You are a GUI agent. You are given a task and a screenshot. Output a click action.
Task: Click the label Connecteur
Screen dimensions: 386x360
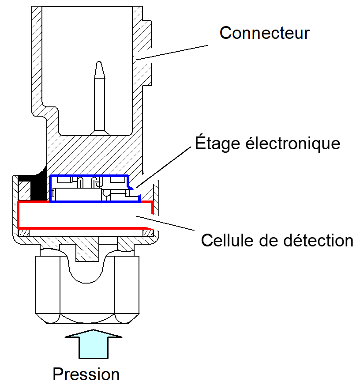pos(265,33)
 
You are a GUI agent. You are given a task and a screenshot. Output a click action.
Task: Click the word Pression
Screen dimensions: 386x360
pos(86,374)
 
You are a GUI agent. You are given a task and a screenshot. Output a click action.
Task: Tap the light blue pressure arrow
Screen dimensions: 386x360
pos(93,344)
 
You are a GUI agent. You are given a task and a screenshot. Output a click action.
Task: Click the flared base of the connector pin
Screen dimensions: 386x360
pos(99,131)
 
